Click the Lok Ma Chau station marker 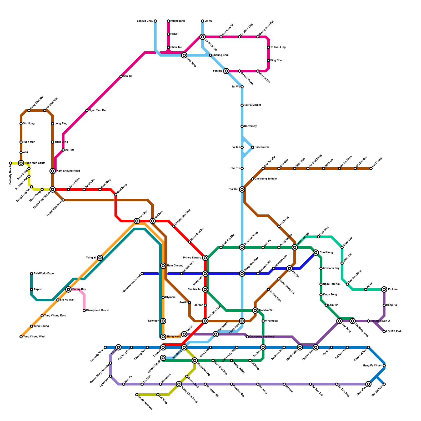coord(155,21)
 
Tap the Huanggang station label coord(177,21)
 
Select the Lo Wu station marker coord(203,21)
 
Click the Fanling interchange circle coord(226,71)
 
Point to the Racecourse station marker coord(253,147)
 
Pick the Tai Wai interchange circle coord(242,189)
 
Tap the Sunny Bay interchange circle coord(68,289)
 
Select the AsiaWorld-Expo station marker coord(32,274)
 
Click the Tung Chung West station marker coord(21,337)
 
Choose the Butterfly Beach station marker coord(11,163)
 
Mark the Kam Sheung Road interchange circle coord(53,171)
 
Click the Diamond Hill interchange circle coord(295,247)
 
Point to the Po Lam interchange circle coord(384,289)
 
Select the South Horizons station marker coord(137,395)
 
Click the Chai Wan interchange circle coord(368,384)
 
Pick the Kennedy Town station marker coord(105,347)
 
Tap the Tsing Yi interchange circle coord(100,258)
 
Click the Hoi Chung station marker coord(371,168)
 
